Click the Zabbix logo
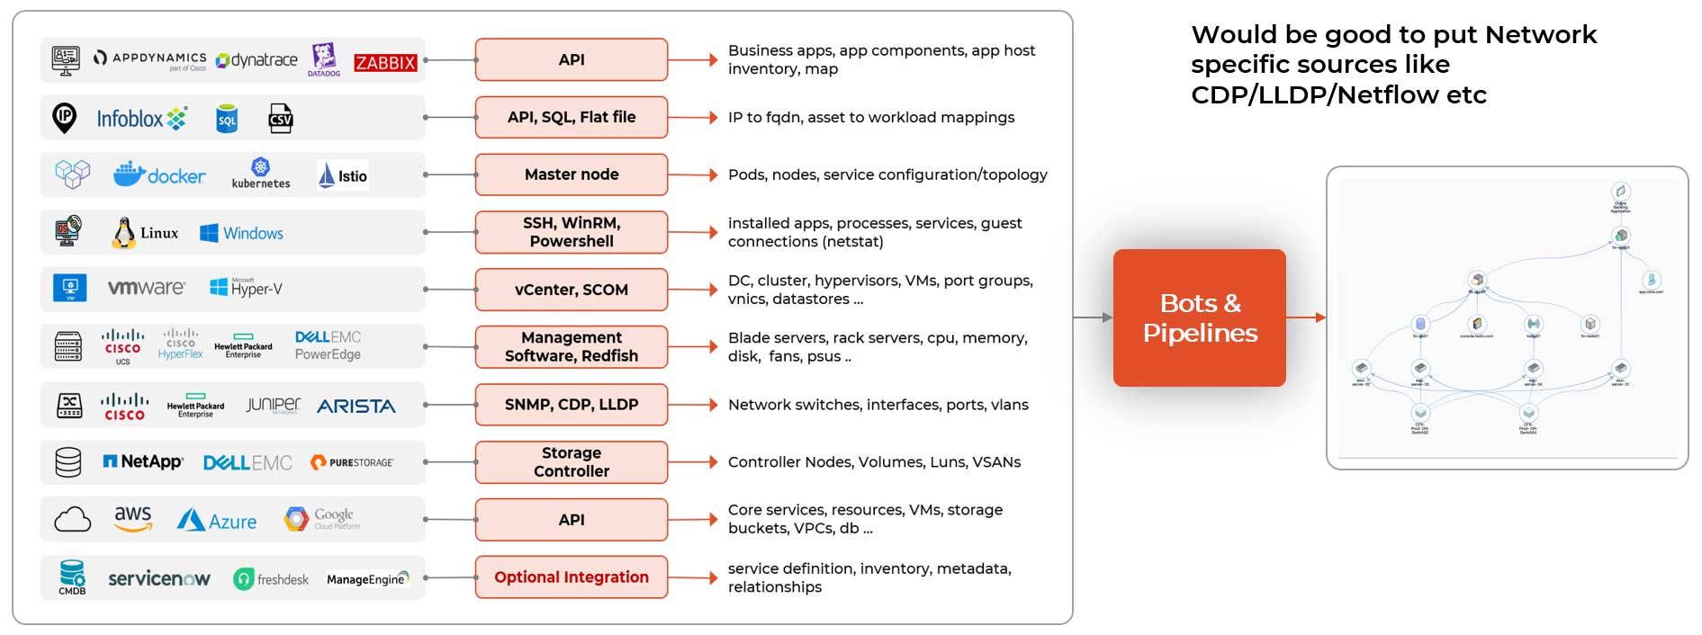point(385,62)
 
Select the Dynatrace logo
point(257,60)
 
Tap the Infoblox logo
point(141,118)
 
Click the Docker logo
point(159,174)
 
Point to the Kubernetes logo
point(261,173)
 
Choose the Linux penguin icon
point(123,233)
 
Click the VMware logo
point(146,288)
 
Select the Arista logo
point(356,407)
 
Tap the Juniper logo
point(273,405)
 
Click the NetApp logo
point(144,461)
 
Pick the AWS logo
point(132,518)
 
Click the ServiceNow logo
point(159,578)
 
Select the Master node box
point(572,174)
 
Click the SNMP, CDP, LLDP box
point(572,405)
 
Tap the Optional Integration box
point(572,577)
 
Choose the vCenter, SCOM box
point(572,290)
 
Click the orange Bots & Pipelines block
point(1199,317)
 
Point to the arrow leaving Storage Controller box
point(693,462)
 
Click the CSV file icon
point(281,119)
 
